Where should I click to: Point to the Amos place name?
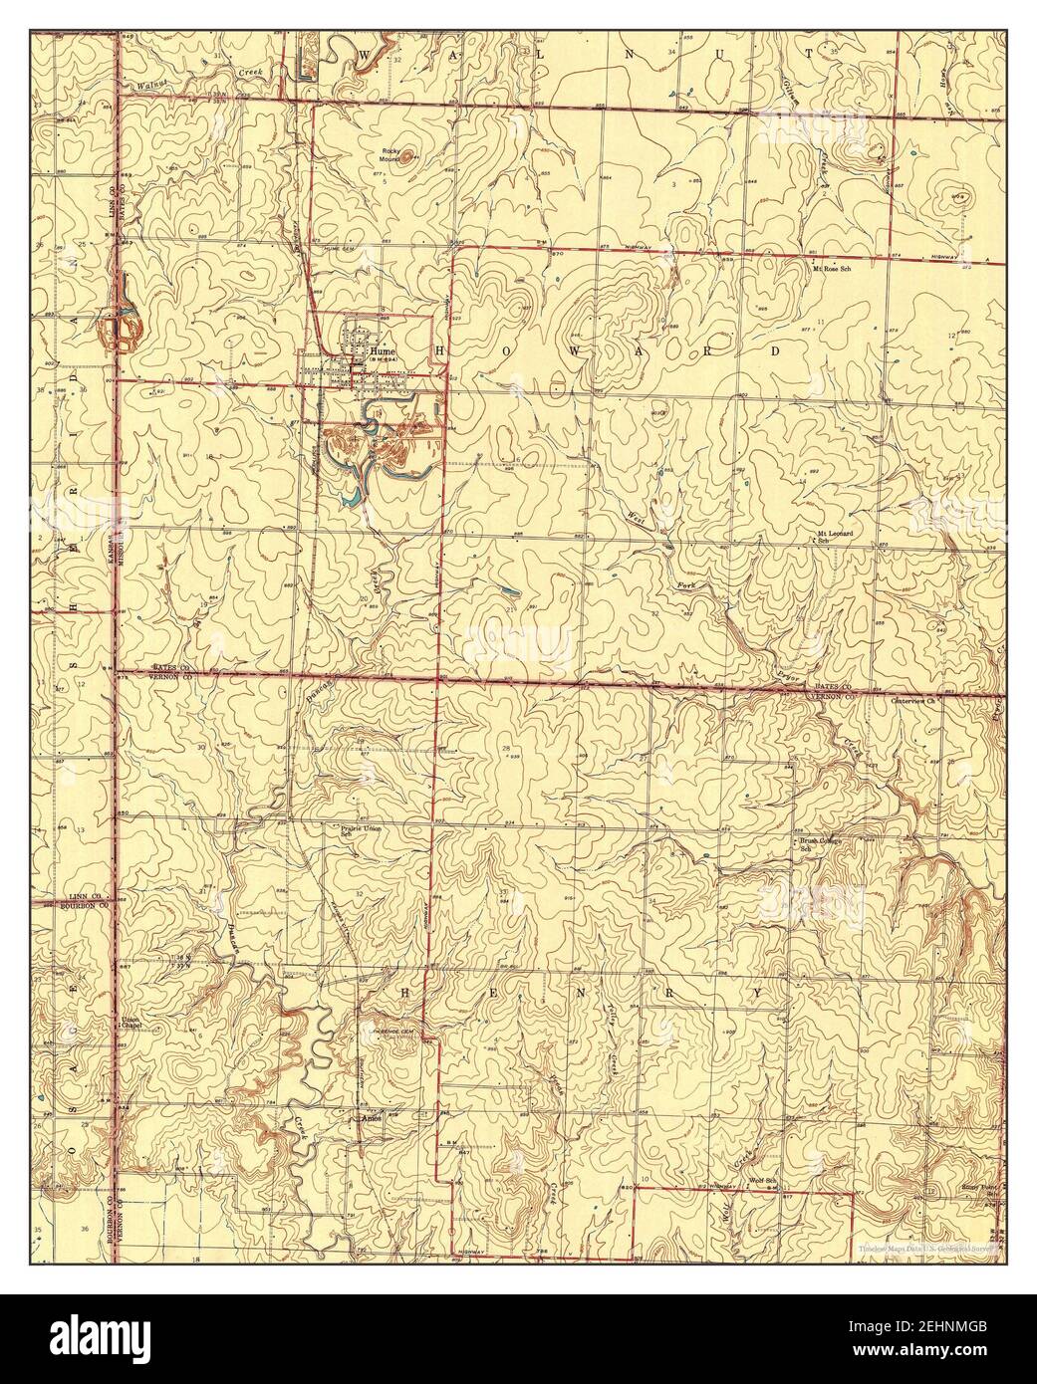371,1117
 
